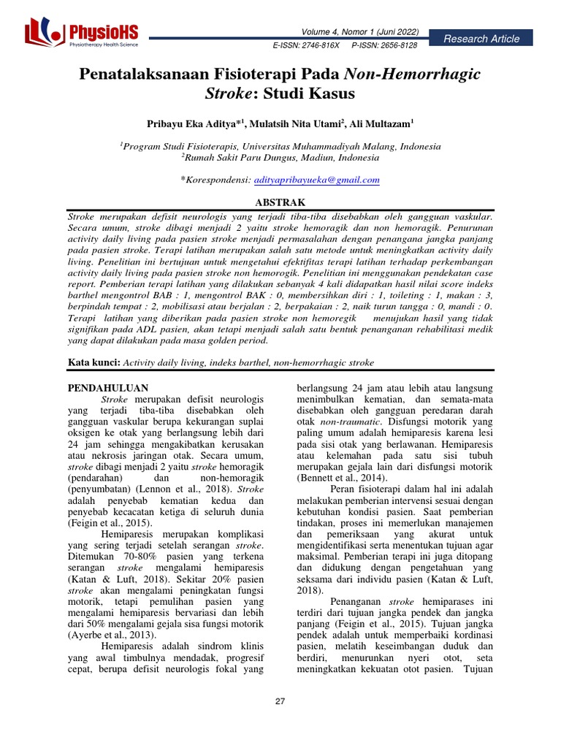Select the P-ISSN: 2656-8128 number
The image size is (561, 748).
coord(384,45)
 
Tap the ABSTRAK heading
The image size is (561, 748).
coord(280,202)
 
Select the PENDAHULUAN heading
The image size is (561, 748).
coord(108,387)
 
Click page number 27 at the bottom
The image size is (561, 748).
coord(280,701)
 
